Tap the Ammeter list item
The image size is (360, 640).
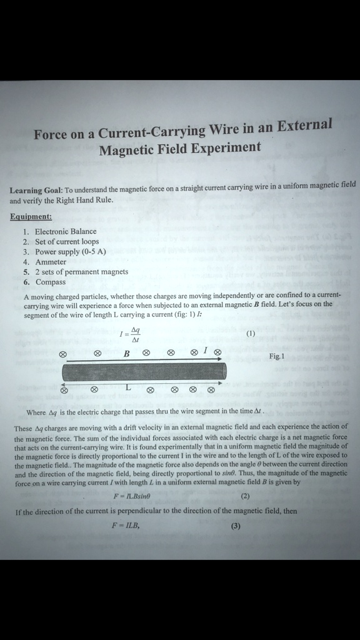(x=51, y=262)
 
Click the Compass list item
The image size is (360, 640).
(x=51, y=282)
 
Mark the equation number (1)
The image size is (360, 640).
(x=251, y=334)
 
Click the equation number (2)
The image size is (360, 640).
(x=245, y=497)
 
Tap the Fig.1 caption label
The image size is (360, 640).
(x=276, y=356)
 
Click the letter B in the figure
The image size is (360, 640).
(x=126, y=354)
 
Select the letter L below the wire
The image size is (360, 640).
(x=127, y=387)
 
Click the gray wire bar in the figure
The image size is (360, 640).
(x=144, y=372)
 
